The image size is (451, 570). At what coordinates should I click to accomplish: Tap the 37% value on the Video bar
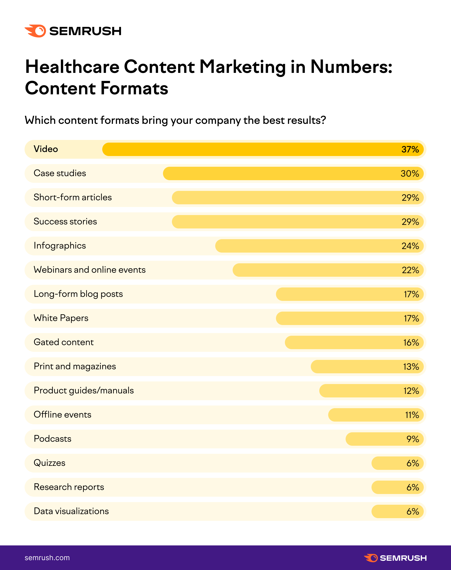tap(410, 149)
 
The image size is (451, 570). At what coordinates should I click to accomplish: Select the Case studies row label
tap(60, 173)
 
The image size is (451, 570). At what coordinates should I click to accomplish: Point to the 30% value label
tap(409, 173)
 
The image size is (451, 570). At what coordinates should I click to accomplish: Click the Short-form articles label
tap(73, 197)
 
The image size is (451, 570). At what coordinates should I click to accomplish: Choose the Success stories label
tap(65, 221)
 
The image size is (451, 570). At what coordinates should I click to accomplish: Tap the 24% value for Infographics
tap(410, 246)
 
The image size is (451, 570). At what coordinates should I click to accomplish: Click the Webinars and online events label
tap(90, 270)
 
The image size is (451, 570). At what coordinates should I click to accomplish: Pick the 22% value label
tap(410, 270)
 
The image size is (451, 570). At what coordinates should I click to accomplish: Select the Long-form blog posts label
tap(78, 294)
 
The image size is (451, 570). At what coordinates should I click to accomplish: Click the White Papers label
tap(61, 318)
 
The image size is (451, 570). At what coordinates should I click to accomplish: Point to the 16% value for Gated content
tap(411, 342)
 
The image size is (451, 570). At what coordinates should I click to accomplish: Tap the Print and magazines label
tap(75, 366)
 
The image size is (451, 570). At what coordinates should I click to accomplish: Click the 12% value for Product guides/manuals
tap(411, 391)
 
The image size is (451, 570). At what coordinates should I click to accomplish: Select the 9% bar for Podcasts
tap(384, 439)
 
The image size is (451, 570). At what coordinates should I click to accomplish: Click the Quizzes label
tap(49, 463)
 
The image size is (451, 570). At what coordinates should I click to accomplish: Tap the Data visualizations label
tap(71, 511)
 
